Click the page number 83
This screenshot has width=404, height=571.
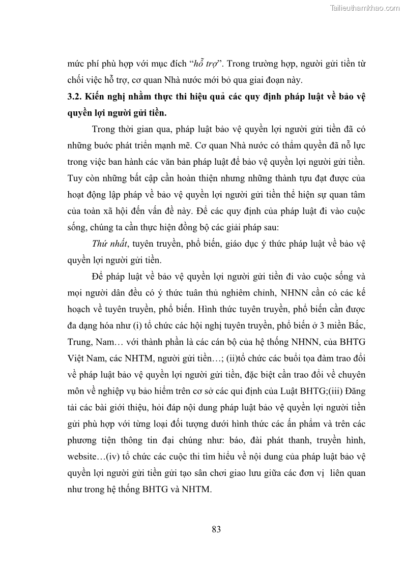tap(216, 529)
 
